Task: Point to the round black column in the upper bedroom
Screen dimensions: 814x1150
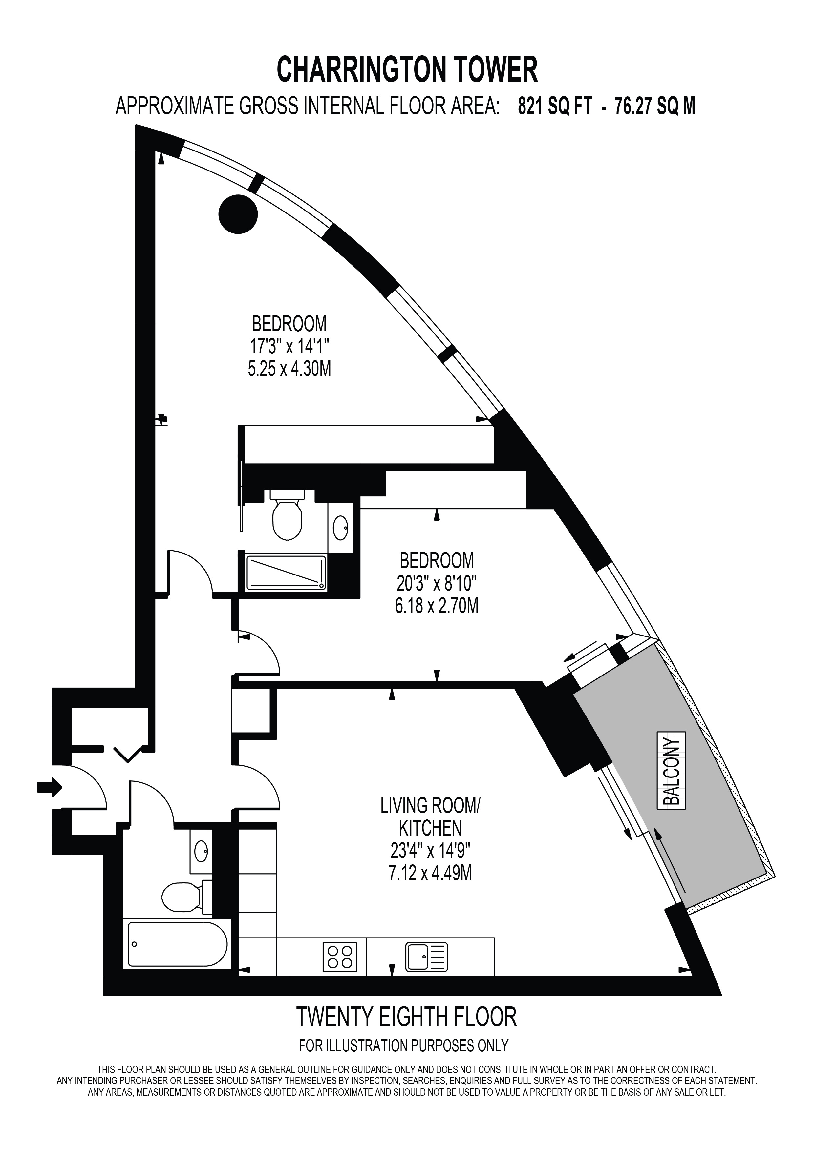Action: (238, 214)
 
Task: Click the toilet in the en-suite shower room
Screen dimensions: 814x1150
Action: (287, 514)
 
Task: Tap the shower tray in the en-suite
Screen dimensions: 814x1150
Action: (286, 572)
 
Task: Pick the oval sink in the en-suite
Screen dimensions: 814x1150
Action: (341, 527)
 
